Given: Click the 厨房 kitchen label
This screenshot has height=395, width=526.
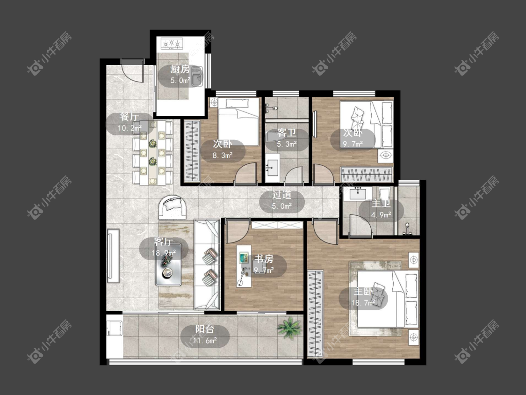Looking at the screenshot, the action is click(180, 69).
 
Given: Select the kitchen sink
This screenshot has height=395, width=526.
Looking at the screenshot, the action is click(197, 76).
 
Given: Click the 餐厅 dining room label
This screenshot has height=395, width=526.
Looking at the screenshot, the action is click(129, 117).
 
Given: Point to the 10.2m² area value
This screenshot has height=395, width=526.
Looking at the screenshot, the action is click(129, 128).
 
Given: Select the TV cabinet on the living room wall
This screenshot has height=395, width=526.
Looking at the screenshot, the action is click(113, 256).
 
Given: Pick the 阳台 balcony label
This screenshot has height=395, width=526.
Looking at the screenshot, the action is click(205, 329).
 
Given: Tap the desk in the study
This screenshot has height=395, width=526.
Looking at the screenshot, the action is click(244, 266).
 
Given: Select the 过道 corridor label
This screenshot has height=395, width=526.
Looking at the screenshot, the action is click(281, 195).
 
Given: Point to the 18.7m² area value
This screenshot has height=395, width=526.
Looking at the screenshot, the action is click(363, 303).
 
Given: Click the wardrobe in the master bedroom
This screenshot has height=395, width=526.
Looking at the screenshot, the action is click(315, 314).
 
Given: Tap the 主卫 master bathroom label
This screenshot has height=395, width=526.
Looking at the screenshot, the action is click(381, 204).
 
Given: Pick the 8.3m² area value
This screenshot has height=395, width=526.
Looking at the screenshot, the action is click(223, 155).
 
